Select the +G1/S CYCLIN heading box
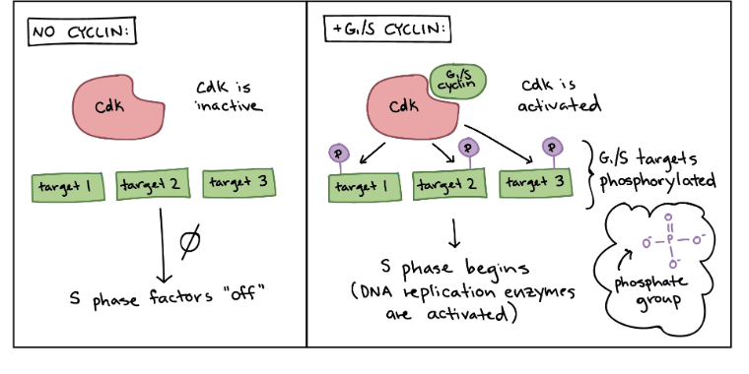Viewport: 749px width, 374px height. (x=386, y=30)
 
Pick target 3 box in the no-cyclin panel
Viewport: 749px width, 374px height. (x=237, y=183)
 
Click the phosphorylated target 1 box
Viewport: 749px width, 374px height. (x=359, y=185)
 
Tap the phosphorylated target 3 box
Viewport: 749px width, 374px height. (x=532, y=182)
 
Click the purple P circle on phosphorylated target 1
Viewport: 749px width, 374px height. (x=339, y=154)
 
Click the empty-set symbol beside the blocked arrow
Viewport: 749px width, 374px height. (x=190, y=240)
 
